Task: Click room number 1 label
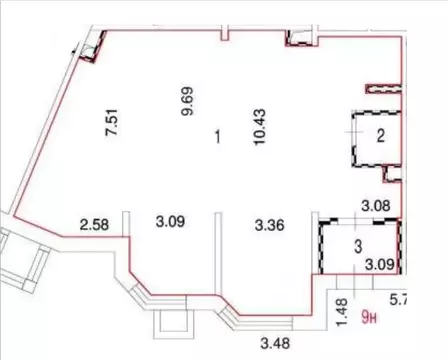point(217,137)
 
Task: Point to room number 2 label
point(380,137)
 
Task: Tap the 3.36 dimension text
point(272,223)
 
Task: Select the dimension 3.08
point(374,207)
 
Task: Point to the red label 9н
point(370,319)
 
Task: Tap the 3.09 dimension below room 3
point(378,265)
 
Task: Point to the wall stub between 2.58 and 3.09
point(125,222)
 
